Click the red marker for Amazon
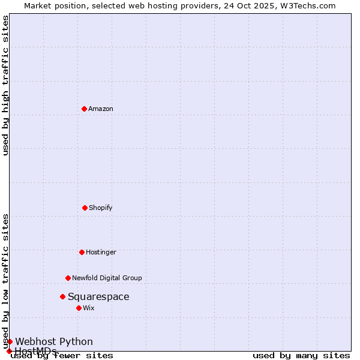tap(84, 109)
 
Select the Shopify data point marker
tap(85, 208)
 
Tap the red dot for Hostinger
tap(82, 252)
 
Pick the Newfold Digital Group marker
tap(68, 278)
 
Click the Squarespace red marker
tap(62, 296)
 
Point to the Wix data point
tap(79, 308)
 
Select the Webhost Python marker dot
tap(10, 341)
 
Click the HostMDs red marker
tap(9, 351)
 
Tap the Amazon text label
tap(101, 109)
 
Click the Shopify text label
tap(101, 208)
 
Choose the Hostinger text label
tap(101, 252)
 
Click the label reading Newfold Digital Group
tap(107, 278)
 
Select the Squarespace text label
tap(98, 296)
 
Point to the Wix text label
tap(89, 308)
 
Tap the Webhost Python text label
tap(54, 341)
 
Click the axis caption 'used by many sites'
tap(301, 355)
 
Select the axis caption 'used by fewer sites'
tap(62, 355)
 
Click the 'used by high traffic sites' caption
tap(5, 85)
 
